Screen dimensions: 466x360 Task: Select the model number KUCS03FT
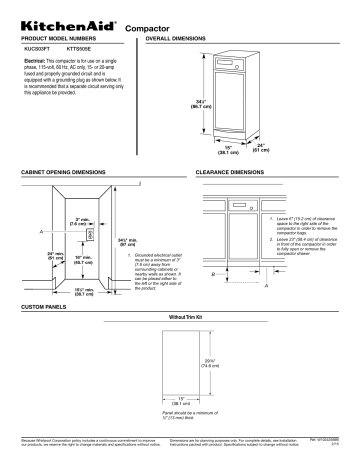(x=38, y=47)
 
